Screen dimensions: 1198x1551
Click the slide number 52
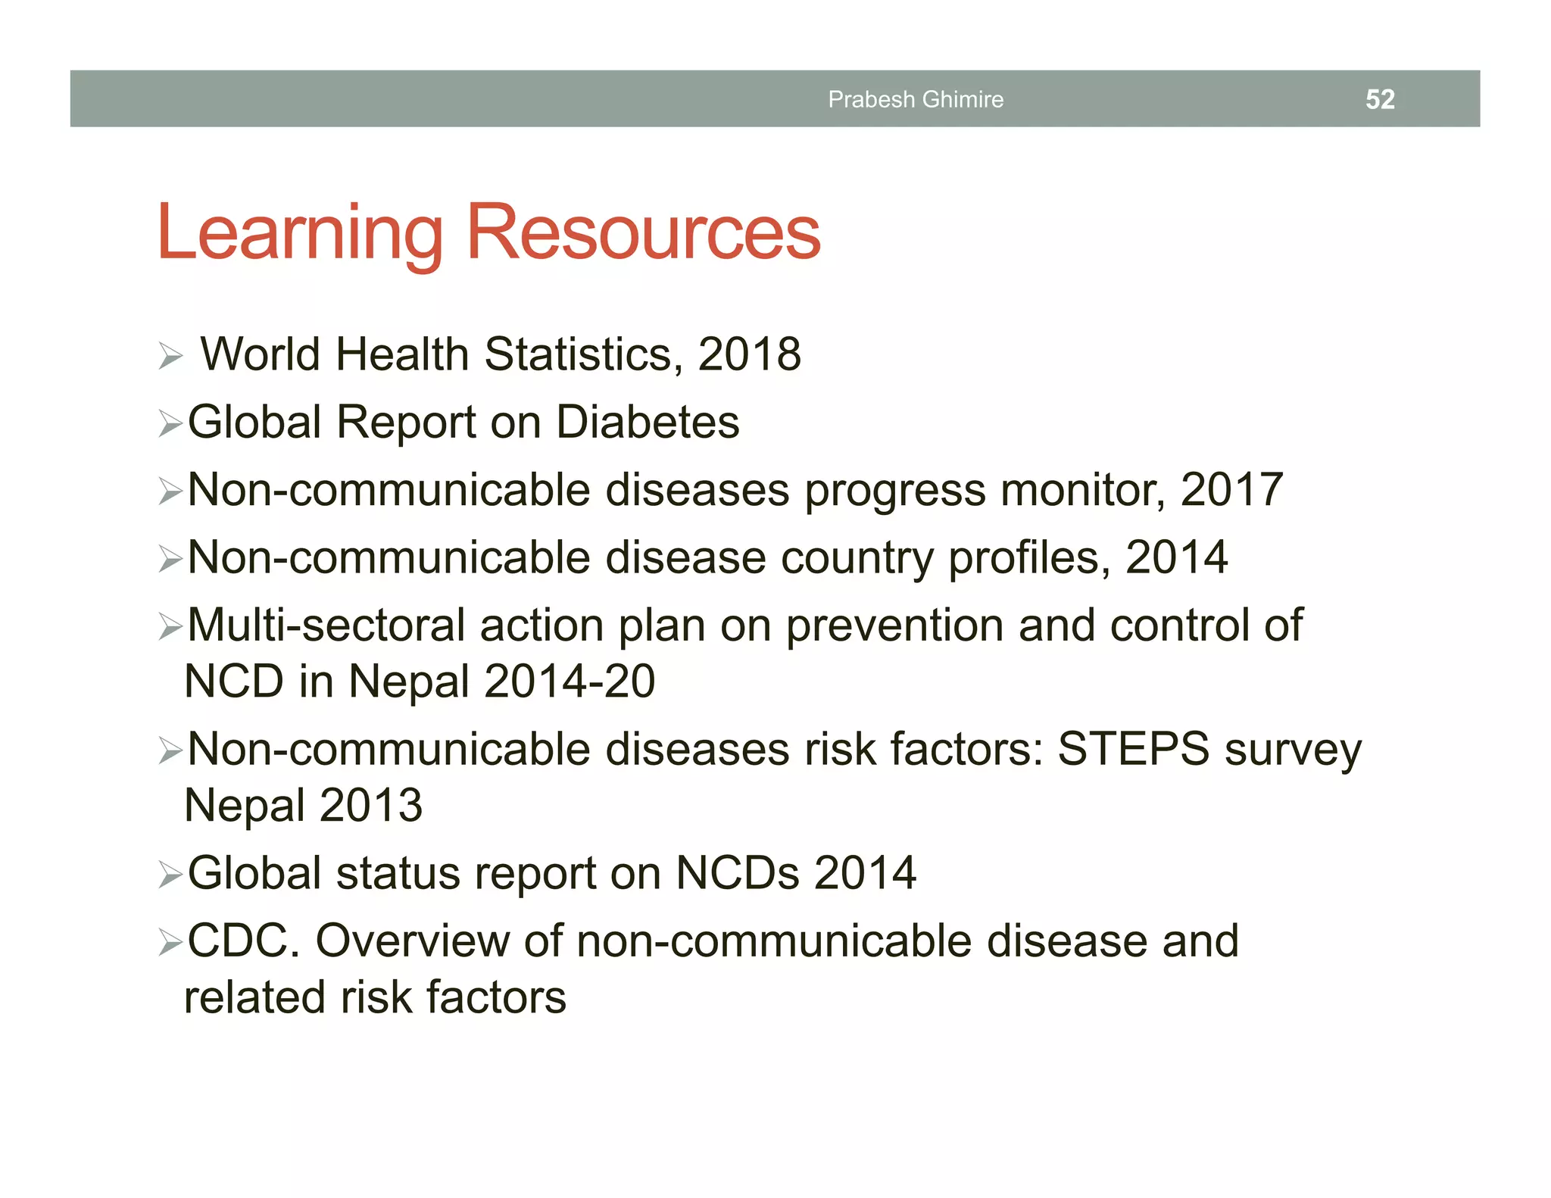pos(1379,99)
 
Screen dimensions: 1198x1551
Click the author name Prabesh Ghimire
pos(915,99)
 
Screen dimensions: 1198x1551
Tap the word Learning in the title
pos(299,232)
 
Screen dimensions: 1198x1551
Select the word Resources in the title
pos(643,232)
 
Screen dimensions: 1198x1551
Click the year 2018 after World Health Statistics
pos(749,354)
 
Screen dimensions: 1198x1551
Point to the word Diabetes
pos(648,422)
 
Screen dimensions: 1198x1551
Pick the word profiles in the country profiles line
pos(1029,558)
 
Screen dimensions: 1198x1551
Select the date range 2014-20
pos(570,681)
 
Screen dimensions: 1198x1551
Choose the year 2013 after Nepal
pos(370,805)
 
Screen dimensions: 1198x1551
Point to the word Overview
pos(412,941)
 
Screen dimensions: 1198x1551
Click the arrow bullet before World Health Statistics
pos(170,356)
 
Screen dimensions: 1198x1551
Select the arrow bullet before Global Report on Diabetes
pos(170,424)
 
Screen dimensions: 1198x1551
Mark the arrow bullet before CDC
pos(170,944)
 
